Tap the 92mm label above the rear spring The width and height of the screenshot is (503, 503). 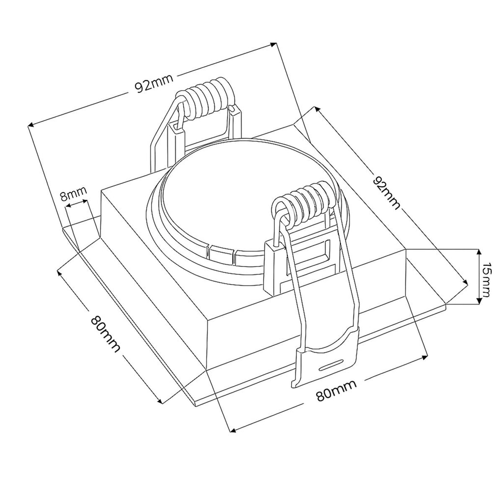coord(154,83)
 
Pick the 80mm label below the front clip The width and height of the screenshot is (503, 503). coord(336,390)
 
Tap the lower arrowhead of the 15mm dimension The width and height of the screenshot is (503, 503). coord(479,300)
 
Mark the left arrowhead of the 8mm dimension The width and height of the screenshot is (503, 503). coord(68,207)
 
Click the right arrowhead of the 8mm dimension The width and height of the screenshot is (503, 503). coord(84,201)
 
